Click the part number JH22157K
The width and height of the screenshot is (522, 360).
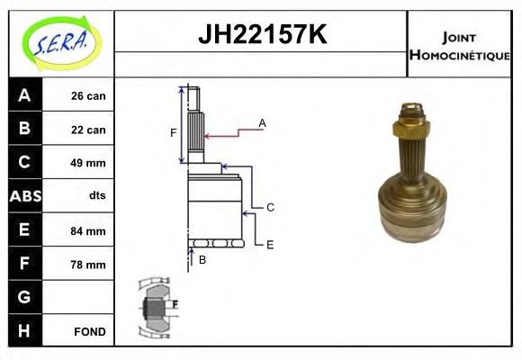pos(261,37)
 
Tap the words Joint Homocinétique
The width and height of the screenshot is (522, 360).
pos(459,45)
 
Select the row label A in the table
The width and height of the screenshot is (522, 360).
pos(24,95)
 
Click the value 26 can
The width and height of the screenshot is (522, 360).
pos(88,95)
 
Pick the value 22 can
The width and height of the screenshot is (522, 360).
pos(88,130)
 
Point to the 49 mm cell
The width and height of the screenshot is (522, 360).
pos(88,163)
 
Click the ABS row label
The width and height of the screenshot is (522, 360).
pos(24,196)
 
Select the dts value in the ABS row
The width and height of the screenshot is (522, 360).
pos(88,196)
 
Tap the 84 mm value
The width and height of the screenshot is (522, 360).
pos(88,230)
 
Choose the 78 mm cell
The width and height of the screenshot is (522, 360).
pos(88,265)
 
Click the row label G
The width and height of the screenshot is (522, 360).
pos(24,297)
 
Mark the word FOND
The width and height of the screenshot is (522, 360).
pos(88,331)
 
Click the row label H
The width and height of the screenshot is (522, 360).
pos(24,331)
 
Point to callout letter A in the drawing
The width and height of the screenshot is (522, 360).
pos(262,122)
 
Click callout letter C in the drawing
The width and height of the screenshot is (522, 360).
pos(270,207)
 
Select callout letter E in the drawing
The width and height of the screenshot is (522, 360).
pos(270,243)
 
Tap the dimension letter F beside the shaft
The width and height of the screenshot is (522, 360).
pos(174,133)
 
